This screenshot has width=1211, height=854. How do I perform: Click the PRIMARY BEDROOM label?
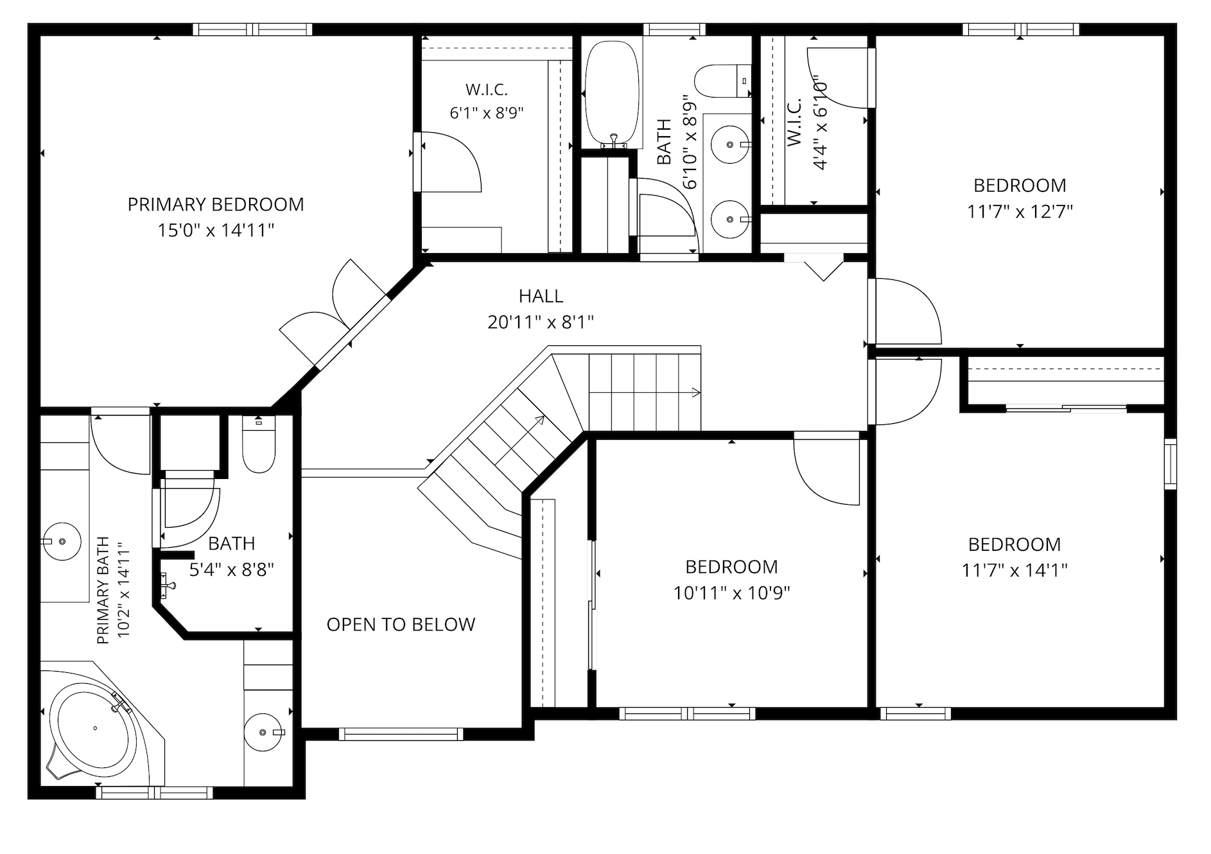[x=216, y=204]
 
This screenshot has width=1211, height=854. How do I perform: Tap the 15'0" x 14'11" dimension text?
[x=216, y=230]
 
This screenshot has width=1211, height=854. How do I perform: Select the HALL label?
[x=541, y=296]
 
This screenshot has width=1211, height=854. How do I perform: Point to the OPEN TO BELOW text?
[x=401, y=625]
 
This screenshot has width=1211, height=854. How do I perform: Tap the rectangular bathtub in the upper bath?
[x=613, y=94]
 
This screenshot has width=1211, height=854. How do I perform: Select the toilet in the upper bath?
[x=723, y=81]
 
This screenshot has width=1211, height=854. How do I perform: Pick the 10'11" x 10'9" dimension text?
[x=731, y=593]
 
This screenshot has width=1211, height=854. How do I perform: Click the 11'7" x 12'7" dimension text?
[x=1020, y=211]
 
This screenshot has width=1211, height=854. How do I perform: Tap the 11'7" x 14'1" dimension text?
[x=1015, y=570]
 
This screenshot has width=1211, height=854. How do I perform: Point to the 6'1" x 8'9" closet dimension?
[x=487, y=114]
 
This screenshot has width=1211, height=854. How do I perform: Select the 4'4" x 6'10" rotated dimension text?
[x=820, y=125]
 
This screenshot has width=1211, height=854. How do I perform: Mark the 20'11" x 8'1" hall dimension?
[x=541, y=322]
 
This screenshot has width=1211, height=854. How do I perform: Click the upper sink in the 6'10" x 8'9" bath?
[x=731, y=145]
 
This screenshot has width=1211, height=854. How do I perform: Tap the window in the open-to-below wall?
[x=401, y=734]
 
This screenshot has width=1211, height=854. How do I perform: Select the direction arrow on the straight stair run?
[x=645, y=392]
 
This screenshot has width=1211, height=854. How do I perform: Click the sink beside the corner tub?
[x=264, y=732]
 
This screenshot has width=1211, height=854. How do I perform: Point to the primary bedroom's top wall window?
[x=252, y=29]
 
